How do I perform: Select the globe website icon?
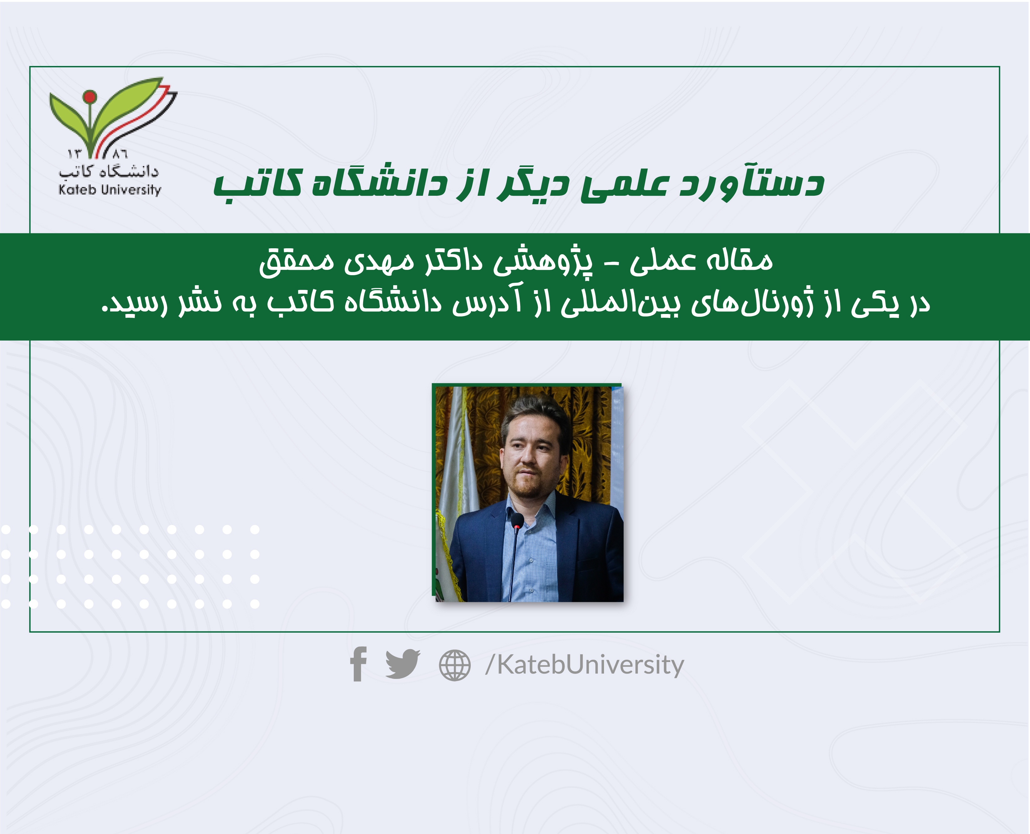[x=454, y=665]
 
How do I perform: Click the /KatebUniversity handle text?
[x=584, y=666]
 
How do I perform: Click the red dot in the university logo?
[x=89, y=97]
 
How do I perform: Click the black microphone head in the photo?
[x=517, y=521]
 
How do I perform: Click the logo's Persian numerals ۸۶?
[x=120, y=154]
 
